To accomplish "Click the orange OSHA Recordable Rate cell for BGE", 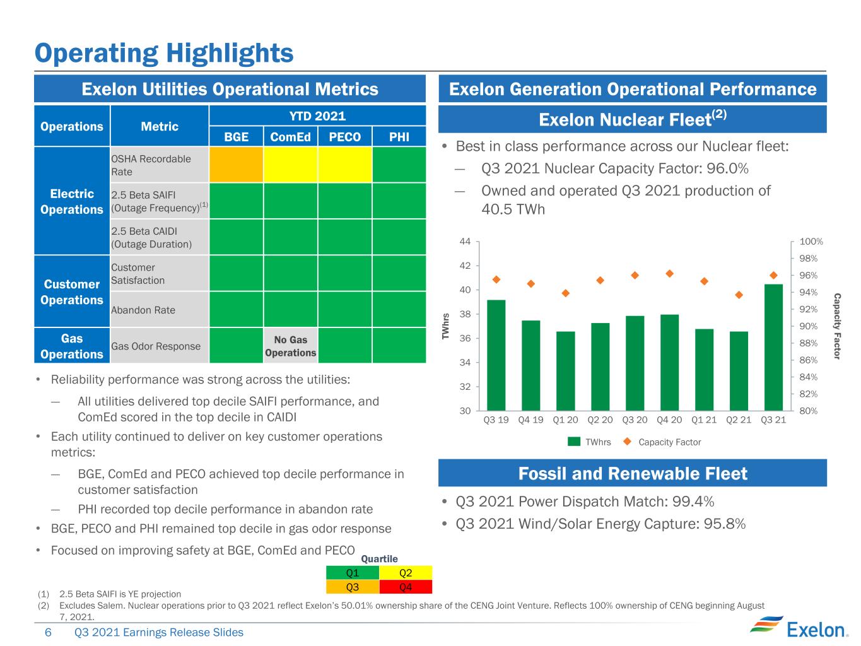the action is [x=236, y=165].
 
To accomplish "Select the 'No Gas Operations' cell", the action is [x=290, y=346].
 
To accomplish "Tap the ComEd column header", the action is [x=290, y=137].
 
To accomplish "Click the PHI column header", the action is [x=399, y=137].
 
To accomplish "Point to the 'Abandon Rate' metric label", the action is [x=143, y=310].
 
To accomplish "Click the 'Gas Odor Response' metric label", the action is [x=155, y=346].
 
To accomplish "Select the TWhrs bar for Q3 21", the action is [x=773, y=347].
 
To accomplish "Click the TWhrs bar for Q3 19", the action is [x=496, y=355].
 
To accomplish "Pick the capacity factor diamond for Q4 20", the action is [x=670, y=273].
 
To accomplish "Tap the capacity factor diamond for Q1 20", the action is [x=565, y=293].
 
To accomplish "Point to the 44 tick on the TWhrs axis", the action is [x=465, y=241].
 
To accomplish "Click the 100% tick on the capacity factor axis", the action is [x=811, y=241].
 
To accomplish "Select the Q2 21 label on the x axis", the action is [x=738, y=420].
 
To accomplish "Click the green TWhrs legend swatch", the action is [x=574, y=442].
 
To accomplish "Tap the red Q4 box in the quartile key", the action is [x=406, y=587].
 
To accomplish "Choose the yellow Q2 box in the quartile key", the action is [x=406, y=573].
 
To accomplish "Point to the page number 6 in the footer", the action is [x=48, y=632].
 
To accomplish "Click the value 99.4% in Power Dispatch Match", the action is [x=693, y=502].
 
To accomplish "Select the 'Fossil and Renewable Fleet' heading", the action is [x=632, y=473].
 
